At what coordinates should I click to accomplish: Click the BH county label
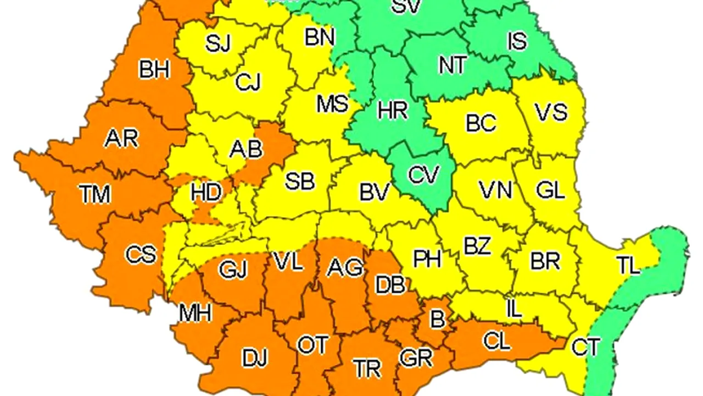[x=154, y=70]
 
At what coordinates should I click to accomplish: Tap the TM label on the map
[x=94, y=194]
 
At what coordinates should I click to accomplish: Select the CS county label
[x=141, y=255]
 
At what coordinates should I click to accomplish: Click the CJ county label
[x=248, y=82]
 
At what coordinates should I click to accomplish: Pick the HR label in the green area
[x=393, y=111]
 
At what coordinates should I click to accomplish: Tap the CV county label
[x=424, y=175]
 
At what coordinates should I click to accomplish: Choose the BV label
[x=375, y=192]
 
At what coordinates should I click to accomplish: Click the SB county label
[x=300, y=181]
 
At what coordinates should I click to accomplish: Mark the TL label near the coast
[x=628, y=266]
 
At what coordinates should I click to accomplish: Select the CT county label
[x=585, y=347]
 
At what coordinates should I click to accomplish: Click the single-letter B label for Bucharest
[x=437, y=319]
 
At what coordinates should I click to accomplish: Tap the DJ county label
[x=254, y=358]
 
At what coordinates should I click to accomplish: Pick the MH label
[x=196, y=313]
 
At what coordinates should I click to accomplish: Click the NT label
[x=453, y=65]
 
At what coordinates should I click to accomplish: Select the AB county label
[x=246, y=148]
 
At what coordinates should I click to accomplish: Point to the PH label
[x=427, y=258]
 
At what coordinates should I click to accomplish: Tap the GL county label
[x=550, y=190]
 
